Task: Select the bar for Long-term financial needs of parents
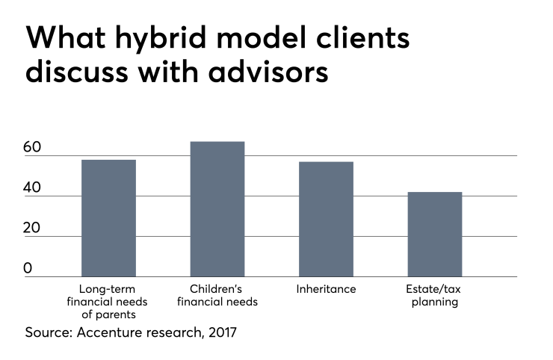point(108,218)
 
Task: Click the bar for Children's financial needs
point(217,209)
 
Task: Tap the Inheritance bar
point(326,219)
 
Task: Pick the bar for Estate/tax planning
point(435,235)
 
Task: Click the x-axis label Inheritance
point(327,289)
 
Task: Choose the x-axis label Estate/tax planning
point(435,296)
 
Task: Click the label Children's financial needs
point(217,296)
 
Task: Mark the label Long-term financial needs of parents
point(108,302)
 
